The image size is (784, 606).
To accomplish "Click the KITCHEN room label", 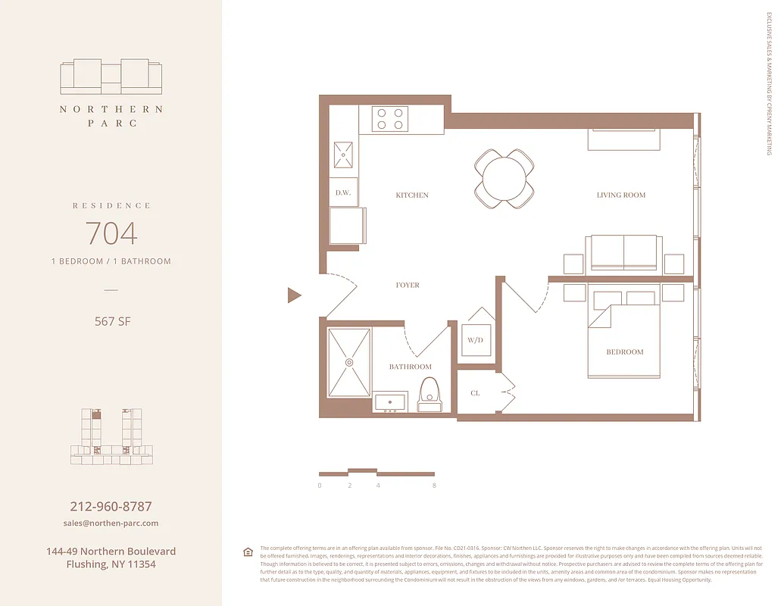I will pos(412,195).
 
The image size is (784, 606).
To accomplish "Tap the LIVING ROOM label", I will pos(621,195).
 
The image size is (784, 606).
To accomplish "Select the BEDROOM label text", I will pos(625,352).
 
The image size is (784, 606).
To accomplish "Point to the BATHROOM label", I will pos(411,367).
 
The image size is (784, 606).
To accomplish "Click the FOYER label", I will pos(408,286).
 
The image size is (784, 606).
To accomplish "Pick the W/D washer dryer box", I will pos(475,340).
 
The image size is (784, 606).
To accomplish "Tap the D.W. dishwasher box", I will pos(342,192).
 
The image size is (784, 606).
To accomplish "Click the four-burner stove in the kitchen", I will pos(389,119).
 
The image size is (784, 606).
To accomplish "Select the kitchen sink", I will pos(344,155).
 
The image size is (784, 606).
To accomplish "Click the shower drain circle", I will pos(349,362).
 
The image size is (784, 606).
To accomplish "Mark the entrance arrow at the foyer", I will pos(294,295).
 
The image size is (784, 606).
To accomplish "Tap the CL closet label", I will pos(475,393).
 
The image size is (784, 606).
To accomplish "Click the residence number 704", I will pos(111,233).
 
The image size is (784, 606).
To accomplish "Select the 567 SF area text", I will pos(111,321).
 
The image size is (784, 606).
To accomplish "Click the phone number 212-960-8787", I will pos(111,507).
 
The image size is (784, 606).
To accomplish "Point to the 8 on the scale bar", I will pos(434,486).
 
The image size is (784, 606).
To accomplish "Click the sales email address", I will pos(111,523).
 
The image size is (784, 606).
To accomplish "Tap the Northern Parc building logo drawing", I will pos(111,76).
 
